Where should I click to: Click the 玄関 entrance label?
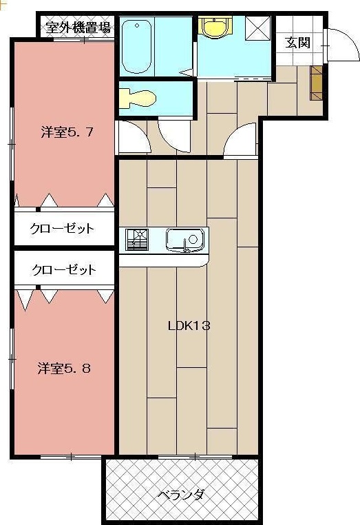pyautogui.click(x=298, y=43)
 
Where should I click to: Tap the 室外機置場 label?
pyautogui.click(x=78, y=28)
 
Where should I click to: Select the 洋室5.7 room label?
pyautogui.click(x=67, y=132)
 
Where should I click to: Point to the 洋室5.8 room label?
pyautogui.click(x=64, y=368)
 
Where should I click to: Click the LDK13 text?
pyautogui.click(x=189, y=326)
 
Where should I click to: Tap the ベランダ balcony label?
pyautogui.click(x=180, y=495)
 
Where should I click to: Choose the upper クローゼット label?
pyautogui.click(x=62, y=229)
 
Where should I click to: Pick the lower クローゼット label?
pyautogui.click(x=63, y=269)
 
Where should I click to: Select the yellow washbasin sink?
pyautogui.click(x=213, y=28)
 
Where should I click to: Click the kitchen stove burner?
pyautogui.click(x=136, y=240)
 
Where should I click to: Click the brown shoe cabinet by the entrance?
pyautogui.click(x=316, y=83)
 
